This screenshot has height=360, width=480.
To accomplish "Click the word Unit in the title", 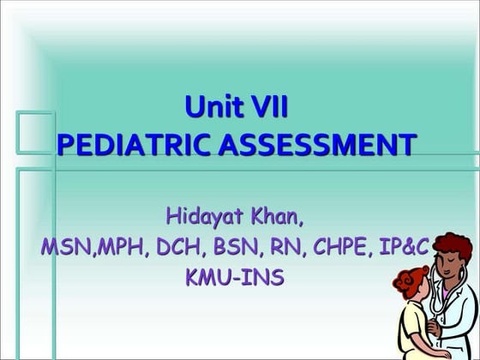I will coord(211,109).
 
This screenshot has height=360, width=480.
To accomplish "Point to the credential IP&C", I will coord(403,248).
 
